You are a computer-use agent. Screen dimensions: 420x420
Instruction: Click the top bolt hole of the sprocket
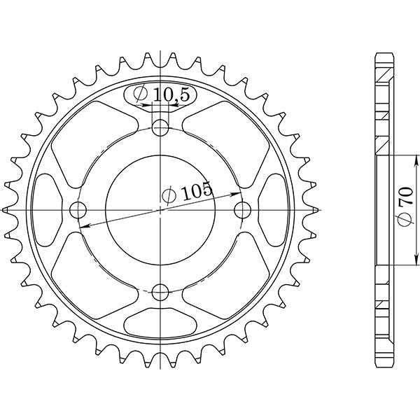point(162,127)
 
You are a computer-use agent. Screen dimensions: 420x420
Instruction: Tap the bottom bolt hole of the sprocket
point(162,292)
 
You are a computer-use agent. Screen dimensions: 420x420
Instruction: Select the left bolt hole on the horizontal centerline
point(79,209)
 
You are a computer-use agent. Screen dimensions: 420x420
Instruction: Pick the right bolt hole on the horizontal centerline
point(244,209)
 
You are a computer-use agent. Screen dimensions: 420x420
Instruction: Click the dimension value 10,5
point(165,94)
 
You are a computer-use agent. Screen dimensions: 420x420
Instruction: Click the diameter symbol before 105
point(169,195)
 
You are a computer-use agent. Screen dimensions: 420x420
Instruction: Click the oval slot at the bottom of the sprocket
point(162,325)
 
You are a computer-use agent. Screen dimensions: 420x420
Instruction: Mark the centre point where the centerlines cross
point(162,209)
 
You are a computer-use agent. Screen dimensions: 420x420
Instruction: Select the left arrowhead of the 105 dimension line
point(83,226)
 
